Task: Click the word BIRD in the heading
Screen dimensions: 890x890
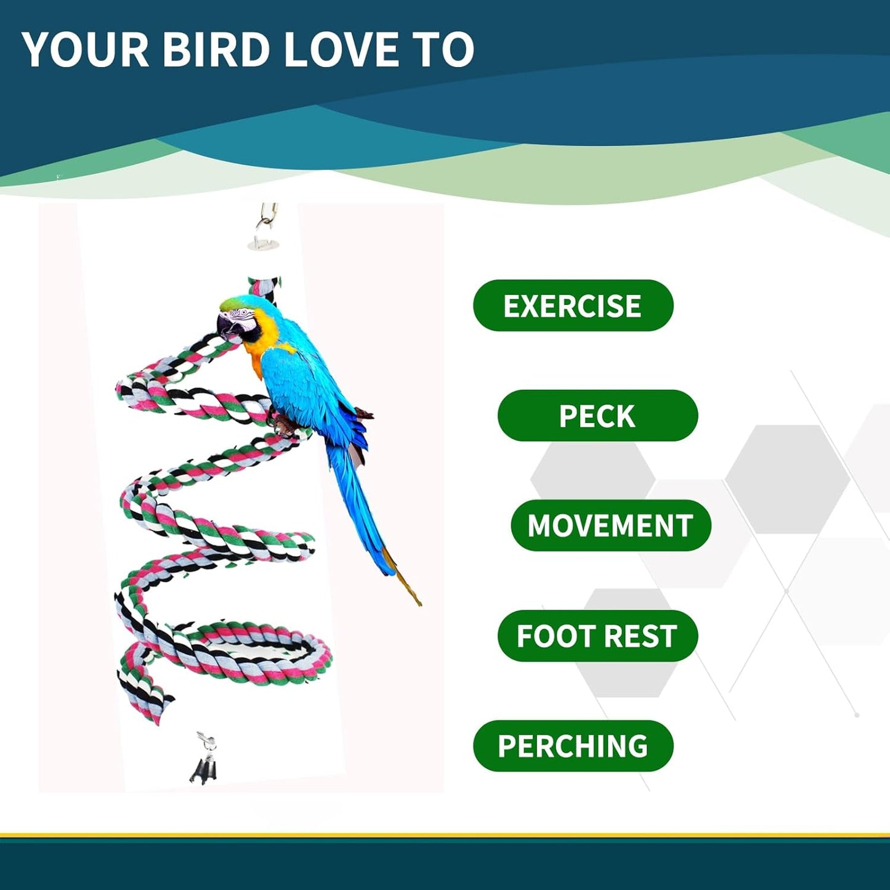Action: click(216, 49)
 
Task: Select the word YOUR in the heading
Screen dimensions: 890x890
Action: click(86, 49)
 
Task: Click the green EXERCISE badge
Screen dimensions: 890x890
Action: click(573, 305)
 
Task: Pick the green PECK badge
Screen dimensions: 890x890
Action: click(597, 416)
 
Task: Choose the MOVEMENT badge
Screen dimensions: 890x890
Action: click(610, 525)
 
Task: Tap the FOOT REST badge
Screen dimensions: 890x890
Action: click(597, 636)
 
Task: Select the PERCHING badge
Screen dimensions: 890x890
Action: click(573, 746)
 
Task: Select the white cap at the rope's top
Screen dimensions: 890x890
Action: click(264, 246)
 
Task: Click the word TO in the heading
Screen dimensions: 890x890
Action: click(445, 49)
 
